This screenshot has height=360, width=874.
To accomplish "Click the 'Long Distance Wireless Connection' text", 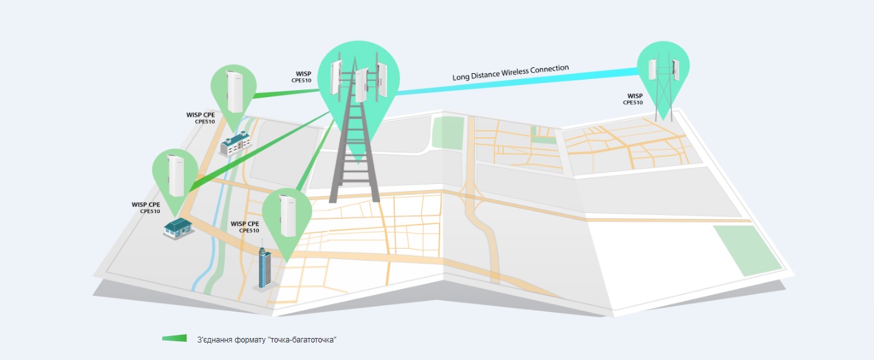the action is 510,73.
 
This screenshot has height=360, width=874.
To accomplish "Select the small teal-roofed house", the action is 178,228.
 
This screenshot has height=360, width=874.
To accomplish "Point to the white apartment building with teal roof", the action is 235,143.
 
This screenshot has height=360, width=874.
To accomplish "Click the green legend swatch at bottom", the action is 174,338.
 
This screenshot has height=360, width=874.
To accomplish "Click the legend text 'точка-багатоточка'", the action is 302,340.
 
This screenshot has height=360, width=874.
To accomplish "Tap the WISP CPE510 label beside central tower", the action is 302,77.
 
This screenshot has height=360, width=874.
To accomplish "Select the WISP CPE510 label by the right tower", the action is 633,99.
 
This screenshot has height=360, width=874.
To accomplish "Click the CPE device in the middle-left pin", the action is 176,175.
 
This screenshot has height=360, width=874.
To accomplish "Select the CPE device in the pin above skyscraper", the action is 287,216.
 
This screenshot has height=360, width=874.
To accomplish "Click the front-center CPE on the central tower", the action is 362,85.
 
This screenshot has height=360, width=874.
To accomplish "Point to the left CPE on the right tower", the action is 653,69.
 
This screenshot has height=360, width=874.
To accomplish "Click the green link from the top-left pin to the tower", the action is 286,93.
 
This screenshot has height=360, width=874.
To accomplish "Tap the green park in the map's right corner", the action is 748,251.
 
